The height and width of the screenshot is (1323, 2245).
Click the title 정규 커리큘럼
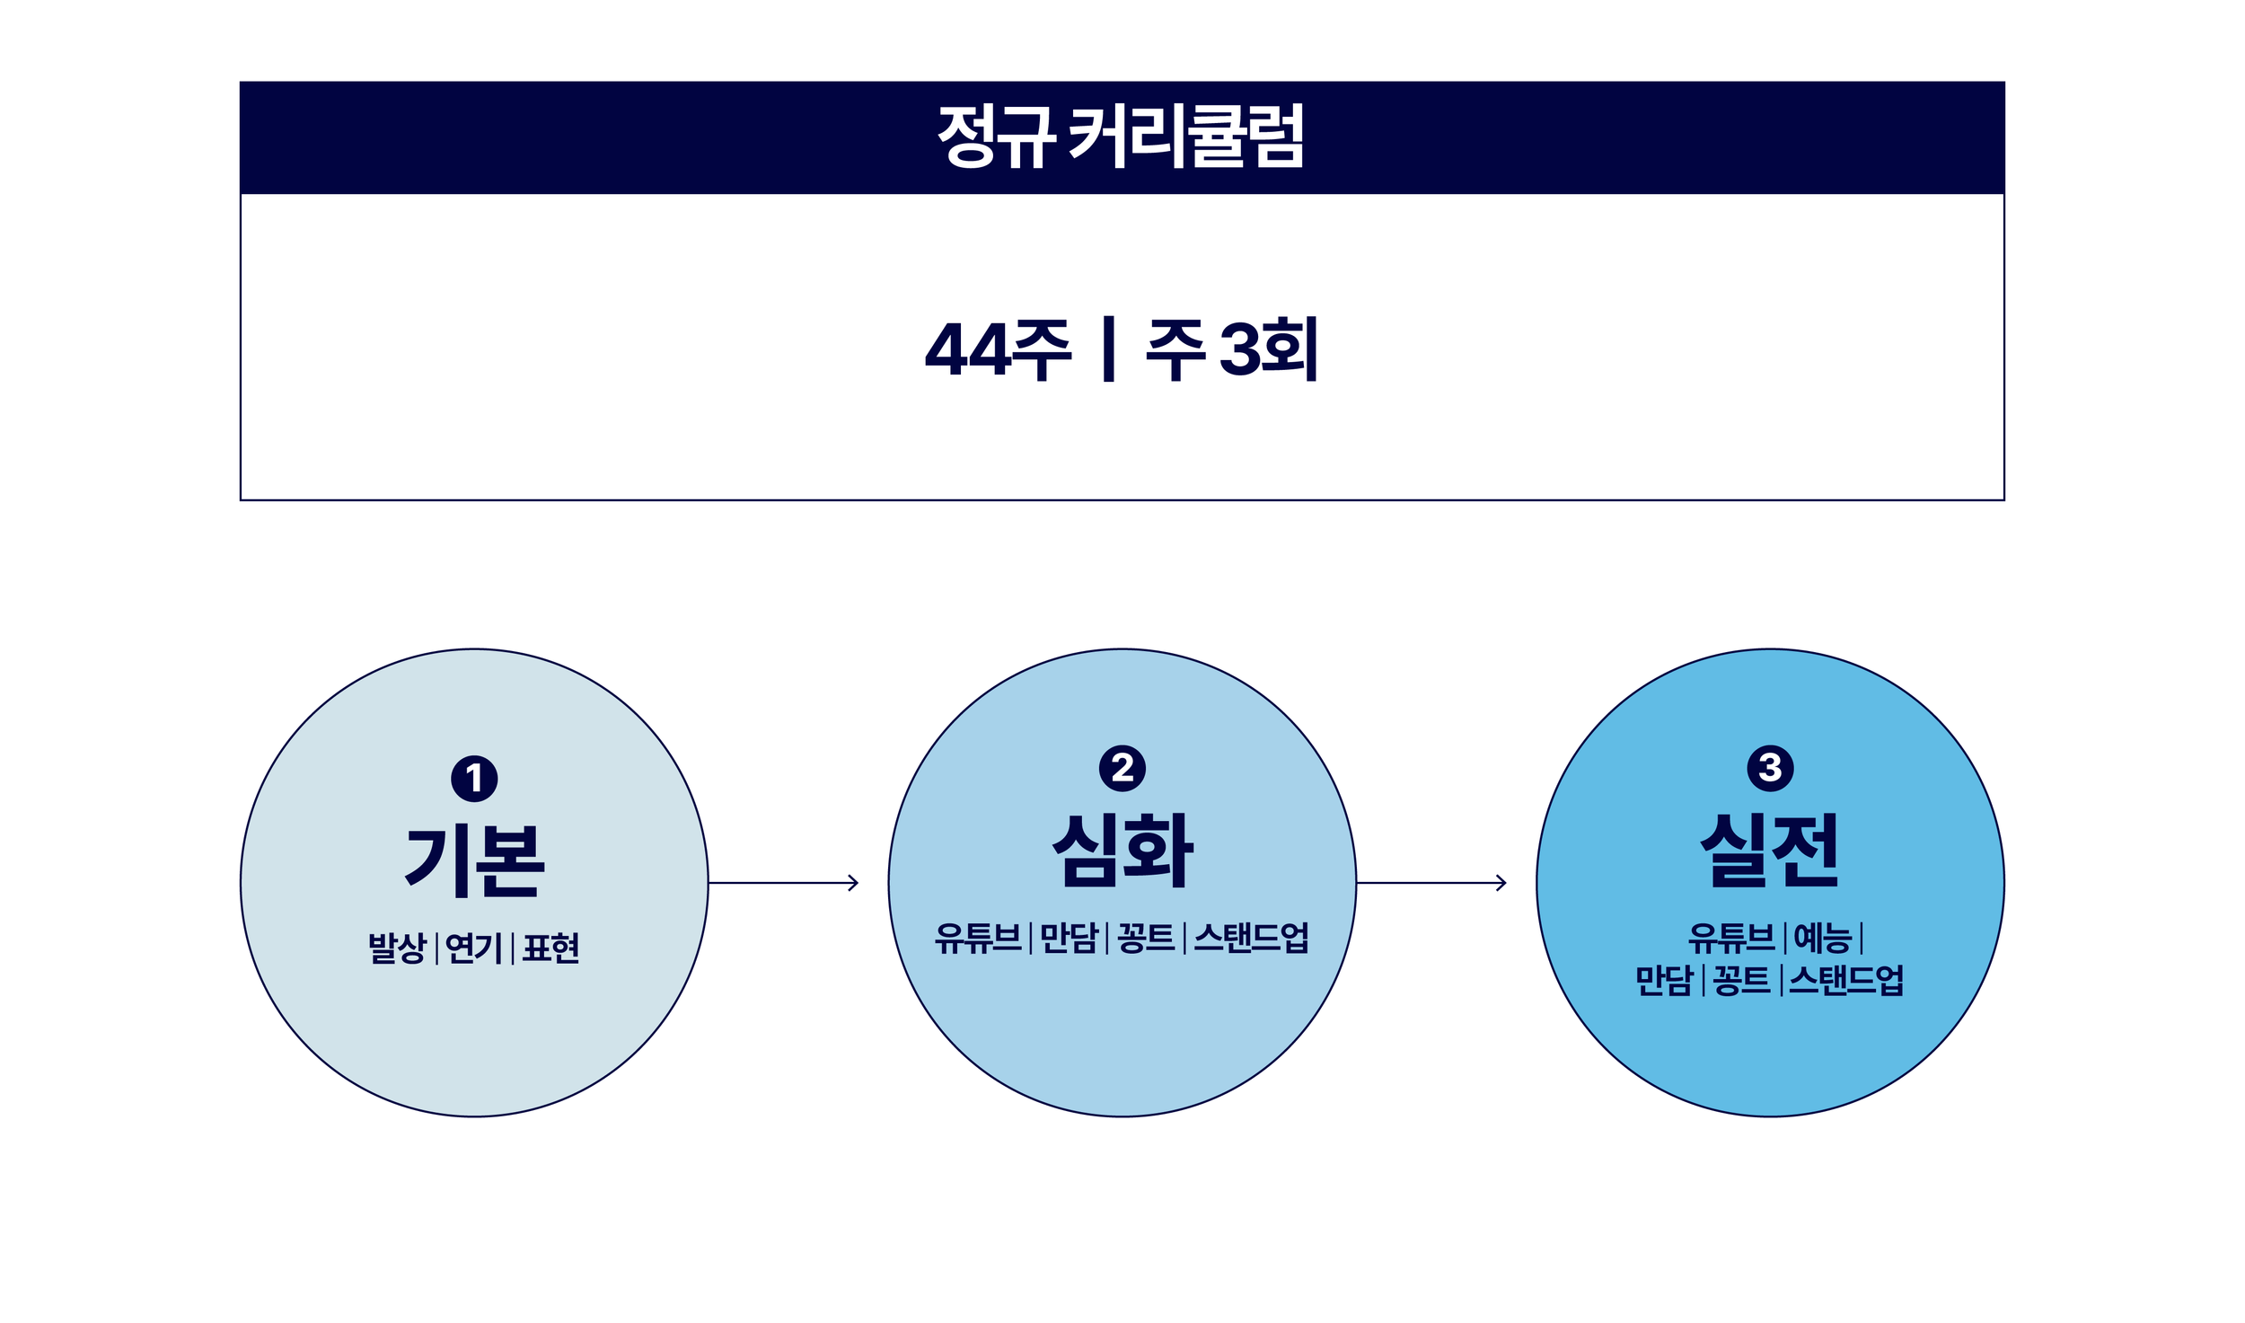click(1121, 137)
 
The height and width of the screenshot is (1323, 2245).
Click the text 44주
click(998, 349)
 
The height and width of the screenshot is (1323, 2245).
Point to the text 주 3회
click(1231, 349)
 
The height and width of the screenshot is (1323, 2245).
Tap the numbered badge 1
click(474, 779)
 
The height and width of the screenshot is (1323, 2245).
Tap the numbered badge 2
click(1122, 768)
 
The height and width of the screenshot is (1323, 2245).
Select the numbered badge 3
click(1770, 768)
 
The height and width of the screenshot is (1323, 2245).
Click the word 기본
click(474, 861)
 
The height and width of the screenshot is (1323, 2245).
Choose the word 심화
click(1122, 851)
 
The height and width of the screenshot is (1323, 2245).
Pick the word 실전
click(1770, 851)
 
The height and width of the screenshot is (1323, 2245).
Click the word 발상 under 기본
click(397, 948)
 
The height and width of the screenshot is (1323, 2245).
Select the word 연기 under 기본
click(473, 948)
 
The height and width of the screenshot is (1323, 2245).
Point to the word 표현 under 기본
click(550, 948)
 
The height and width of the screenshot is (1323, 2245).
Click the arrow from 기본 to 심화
click(783, 883)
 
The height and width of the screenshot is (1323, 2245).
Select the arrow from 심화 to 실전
click(1431, 883)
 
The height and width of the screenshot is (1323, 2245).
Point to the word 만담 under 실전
click(1664, 980)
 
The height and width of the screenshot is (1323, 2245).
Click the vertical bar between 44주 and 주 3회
click(1109, 349)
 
